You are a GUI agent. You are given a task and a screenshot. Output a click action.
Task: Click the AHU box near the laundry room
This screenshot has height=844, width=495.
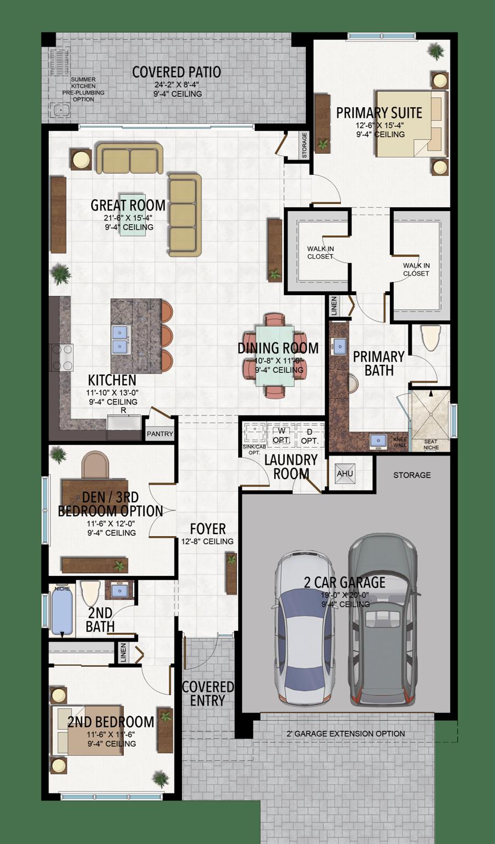(345, 474)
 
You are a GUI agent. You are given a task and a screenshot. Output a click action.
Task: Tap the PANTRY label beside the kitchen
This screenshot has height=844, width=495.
(160, 434)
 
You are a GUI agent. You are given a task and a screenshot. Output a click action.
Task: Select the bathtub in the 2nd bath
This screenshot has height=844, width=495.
(62, 610)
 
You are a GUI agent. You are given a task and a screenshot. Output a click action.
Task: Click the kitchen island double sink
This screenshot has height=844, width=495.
(120, 340)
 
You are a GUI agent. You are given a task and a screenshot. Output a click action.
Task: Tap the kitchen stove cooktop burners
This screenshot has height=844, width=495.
(62, 357)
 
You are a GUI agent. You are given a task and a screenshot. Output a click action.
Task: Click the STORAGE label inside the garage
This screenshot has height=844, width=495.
(412, 475)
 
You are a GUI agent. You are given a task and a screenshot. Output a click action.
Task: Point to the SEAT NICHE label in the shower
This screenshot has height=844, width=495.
(431, 444)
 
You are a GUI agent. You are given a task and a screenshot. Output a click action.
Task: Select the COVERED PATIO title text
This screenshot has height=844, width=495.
(177, 72)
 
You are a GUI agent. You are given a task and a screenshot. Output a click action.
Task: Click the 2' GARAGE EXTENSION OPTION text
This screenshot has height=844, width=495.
(345, 734)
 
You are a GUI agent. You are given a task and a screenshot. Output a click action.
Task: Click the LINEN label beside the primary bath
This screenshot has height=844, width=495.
(334, 307)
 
